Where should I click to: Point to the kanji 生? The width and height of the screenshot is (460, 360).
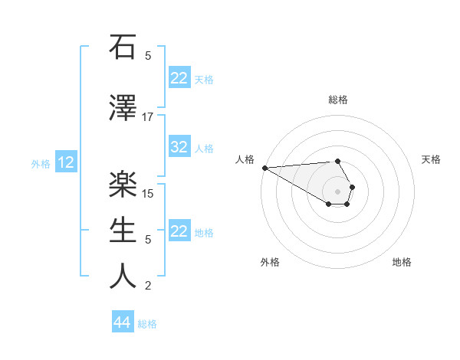[123, 229]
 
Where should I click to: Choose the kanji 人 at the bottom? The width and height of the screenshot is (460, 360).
[123, 276]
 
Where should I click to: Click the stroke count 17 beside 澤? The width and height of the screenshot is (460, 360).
[148, 117]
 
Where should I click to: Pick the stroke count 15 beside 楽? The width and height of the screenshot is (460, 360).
[148, 193]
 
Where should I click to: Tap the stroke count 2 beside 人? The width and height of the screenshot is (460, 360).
[148, 286]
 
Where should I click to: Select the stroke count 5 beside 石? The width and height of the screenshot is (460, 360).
[148, 56]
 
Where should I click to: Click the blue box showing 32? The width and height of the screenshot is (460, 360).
[179, 147]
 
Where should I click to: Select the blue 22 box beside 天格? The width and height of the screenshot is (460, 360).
[179, 78]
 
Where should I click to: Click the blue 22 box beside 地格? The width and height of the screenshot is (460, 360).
[179, 231]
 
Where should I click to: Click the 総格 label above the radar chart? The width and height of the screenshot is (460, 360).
[338, 100]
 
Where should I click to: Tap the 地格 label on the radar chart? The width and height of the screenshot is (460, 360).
[402, 263]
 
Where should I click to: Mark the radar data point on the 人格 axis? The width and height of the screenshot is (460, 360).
[264, 167]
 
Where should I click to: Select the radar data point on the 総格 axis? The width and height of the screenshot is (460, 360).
[338, 162]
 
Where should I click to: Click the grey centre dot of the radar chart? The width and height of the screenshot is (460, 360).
[338, 191]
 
